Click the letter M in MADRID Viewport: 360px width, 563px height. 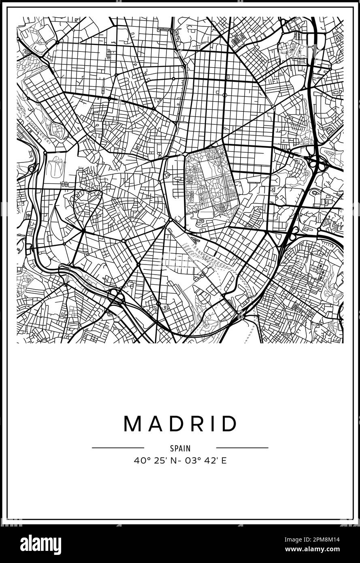pyautogui.click(x=132, y=424)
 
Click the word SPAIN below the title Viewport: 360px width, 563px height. pyautogui.click(x=180, y=448)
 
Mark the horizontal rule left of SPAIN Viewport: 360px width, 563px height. pyautogui.click(x=118, y=448)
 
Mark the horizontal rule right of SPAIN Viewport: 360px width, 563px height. pyautogui.click(x=242, y=448)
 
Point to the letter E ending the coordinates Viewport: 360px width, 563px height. pyautogui.click(x=224, y=461)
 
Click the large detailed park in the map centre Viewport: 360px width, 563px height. pyautogui.click(x=209, y=182)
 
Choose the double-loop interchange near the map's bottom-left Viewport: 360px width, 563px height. pyautogui.click(x=116, y=295)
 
